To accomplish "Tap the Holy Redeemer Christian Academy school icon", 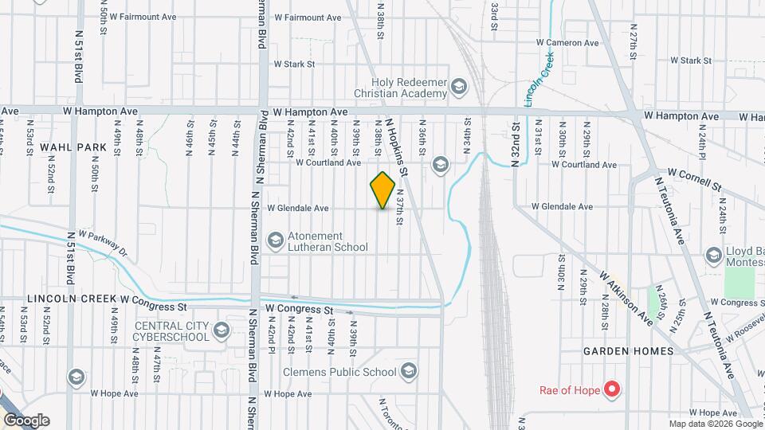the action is (458, 87).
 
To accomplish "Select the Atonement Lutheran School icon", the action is (275, 240).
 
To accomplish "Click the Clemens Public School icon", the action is (409, 372).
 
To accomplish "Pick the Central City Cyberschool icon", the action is (221, 330).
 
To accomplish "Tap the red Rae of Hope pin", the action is (612, 389).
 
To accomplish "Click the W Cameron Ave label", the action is (567, 42).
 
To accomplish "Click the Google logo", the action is (26, 420).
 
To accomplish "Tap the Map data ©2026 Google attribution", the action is (715, 424).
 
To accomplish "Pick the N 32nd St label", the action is (516, 143).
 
